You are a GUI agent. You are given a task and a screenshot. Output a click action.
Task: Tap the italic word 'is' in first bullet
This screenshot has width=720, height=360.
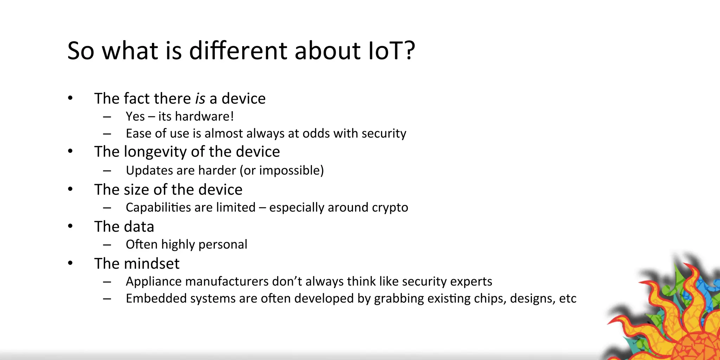(200, 99)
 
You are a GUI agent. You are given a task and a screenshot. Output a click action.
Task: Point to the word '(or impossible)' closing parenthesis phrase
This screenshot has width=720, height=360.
(282, 171)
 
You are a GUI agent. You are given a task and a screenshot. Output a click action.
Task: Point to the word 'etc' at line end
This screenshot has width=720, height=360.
(567, 298)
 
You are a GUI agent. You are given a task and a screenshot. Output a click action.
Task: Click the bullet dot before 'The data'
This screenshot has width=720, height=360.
(70, 226)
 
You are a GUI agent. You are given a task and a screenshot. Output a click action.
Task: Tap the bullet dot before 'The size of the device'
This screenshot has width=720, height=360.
(70, 189)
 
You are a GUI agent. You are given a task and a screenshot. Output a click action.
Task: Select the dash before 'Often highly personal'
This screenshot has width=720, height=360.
(107, 245)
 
